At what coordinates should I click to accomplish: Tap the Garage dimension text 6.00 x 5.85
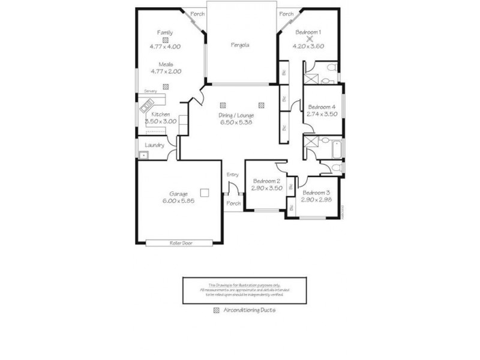coord(178,202)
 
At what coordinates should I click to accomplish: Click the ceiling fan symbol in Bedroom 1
coord(308,38)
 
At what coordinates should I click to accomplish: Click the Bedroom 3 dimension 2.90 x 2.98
coord(317,200)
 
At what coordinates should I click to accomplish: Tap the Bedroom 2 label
coord(266,181)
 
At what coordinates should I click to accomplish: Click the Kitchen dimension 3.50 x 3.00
coord(160,121)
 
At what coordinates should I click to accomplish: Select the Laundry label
coord(155,145)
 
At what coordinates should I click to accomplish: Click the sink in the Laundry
coord(143,155)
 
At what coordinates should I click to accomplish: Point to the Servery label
coord(150,91)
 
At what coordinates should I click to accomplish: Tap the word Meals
coord(166,64)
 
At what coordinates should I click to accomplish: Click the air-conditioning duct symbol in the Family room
coord(165,39)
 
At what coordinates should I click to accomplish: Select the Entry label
coord(233,175)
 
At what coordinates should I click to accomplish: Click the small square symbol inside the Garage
coord(205,193)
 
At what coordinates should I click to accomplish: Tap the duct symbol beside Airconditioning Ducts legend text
coord(217,311)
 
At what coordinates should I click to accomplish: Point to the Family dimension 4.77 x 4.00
coord(165,46)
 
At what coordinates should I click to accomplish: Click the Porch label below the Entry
coord(233,203)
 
